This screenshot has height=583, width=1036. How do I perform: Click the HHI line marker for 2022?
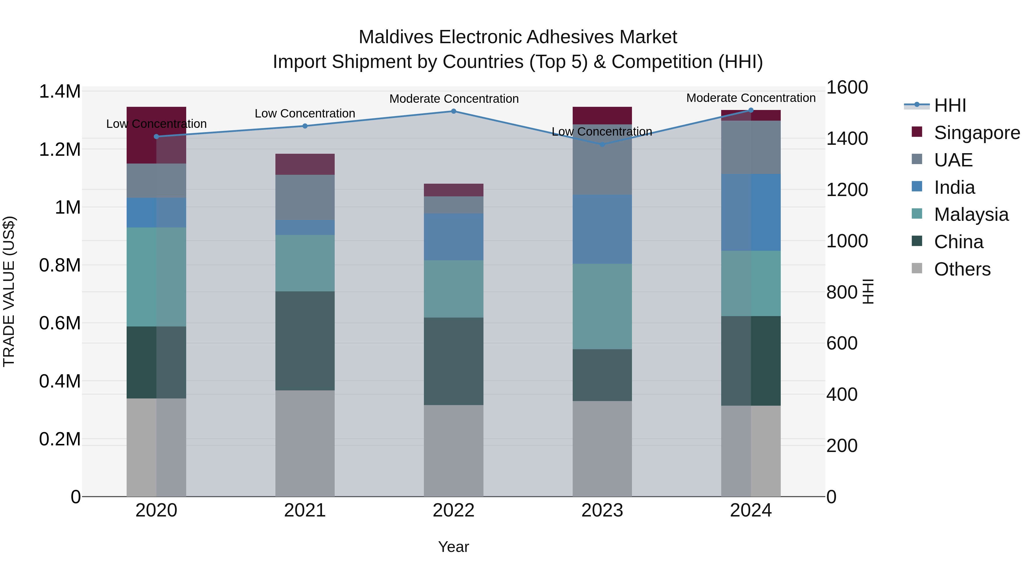click(x=453, y=111)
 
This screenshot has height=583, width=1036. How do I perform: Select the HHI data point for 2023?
click(x=602, y=145)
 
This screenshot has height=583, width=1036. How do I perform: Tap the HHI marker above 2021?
click(x=305, y=126)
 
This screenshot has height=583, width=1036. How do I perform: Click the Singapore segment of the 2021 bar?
click(x=305, y=164)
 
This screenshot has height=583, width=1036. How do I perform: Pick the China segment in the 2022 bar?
click(x=453, y=361)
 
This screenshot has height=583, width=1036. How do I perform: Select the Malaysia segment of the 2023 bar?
click(x=602, y=306)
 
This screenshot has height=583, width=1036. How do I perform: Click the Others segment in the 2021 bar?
click(x=305, y=443)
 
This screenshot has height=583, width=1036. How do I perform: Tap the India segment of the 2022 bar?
click(x=453, y=237)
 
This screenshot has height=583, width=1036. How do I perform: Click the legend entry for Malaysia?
click(x=971, y=214)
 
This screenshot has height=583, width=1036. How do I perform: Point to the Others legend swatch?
click(x=917, y=268)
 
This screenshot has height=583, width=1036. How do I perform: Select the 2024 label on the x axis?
click(x=751, y=510)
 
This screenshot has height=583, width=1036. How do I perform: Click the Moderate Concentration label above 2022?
click(x=454, y=98)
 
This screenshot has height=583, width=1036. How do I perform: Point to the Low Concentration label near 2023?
click(x=602, y=132)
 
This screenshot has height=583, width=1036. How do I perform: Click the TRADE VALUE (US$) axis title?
click(x=9, y=291)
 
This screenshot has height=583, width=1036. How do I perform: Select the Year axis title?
click(x=453, y=547)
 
